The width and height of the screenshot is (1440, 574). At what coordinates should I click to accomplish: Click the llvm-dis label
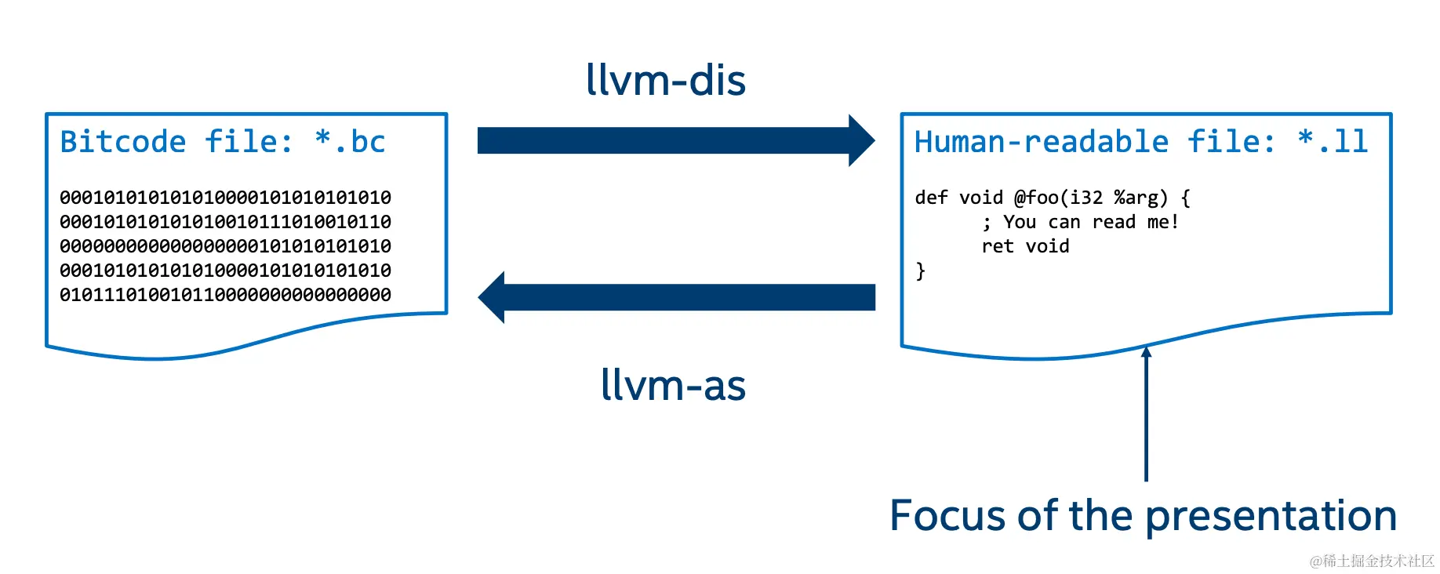point(666,80)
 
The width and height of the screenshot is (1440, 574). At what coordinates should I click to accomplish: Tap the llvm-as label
point(673,385)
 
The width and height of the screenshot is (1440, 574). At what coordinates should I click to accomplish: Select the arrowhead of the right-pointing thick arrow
point(861,140)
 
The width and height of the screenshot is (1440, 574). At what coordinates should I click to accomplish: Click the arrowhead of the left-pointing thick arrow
point(492,297)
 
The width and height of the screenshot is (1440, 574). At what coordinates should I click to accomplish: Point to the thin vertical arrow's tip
point(1146,347)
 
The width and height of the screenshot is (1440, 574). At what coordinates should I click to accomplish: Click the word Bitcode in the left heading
point(123,142)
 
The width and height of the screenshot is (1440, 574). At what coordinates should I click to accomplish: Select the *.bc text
point(350,142)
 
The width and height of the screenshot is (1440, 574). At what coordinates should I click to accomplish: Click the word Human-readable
point(1042,142)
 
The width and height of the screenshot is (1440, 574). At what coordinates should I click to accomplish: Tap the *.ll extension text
point(1333,142)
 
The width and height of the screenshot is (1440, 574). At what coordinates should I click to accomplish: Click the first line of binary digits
point(225,198)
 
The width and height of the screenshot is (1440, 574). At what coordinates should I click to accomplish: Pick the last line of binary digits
point(225,295)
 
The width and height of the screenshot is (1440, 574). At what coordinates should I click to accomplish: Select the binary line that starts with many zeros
point(225,246)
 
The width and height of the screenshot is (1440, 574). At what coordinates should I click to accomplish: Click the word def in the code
point(931,198)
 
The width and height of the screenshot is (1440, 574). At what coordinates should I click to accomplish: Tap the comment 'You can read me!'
point(1091,222)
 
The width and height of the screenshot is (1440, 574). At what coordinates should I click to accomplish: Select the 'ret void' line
point(1025,246)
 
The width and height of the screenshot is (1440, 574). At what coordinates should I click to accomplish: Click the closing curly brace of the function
point(921,271)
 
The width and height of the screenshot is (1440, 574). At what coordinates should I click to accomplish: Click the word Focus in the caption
point(948,516)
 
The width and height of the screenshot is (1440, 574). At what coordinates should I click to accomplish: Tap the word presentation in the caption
point(1271,518)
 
